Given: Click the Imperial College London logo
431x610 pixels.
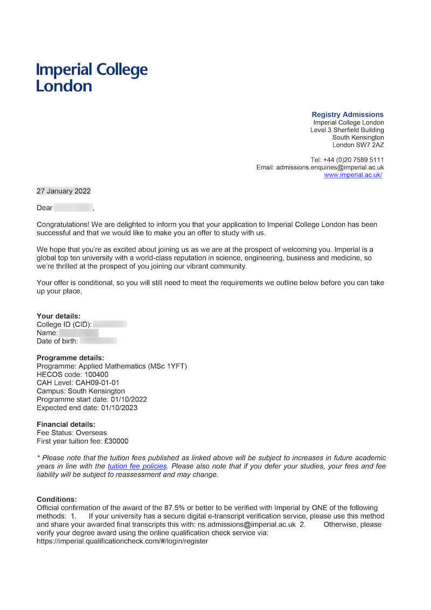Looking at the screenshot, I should pos(92,77).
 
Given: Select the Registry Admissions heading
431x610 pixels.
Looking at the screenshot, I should pos(347,114).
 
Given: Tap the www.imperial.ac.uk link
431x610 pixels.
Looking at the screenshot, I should pos(353,175).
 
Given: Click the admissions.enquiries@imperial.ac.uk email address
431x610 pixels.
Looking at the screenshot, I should pos(330,168).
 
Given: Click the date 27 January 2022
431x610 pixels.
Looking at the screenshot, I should pos(64,191).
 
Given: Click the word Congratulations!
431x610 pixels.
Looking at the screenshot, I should pos(62,224).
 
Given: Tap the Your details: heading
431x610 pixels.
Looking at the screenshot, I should pos(58,316).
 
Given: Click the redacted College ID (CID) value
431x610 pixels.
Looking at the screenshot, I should pos(110,324).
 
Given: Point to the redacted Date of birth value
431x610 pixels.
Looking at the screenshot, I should pos(98,341).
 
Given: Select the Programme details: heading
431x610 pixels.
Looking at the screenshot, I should pos(70,358).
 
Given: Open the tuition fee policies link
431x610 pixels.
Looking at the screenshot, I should pos(137,466).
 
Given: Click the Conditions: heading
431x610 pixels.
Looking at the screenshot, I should pos(57,500).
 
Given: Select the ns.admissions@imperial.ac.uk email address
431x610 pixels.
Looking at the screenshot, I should pos(246,524).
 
